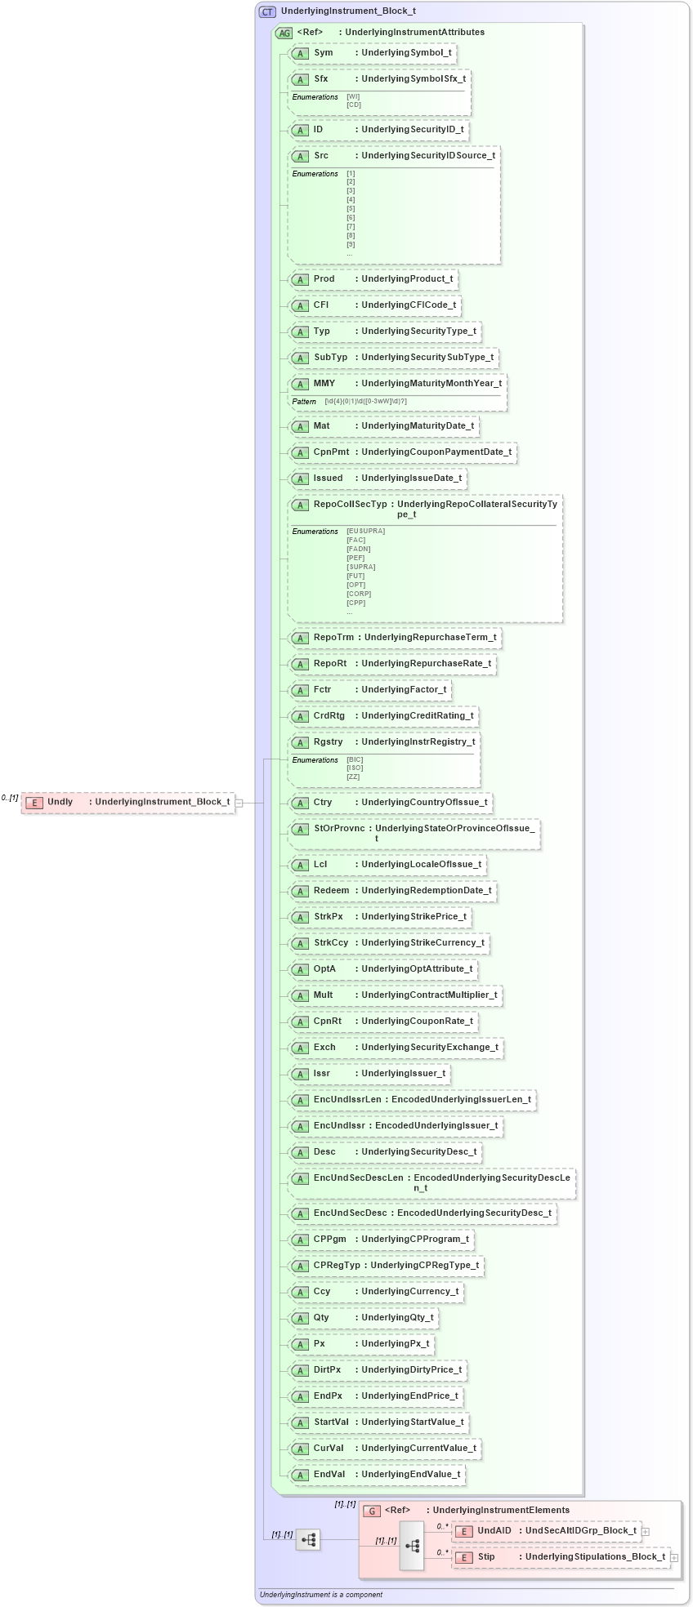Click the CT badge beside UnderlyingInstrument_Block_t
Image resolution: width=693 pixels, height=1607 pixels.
(267, 11)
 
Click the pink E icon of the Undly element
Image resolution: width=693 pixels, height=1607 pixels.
(34, 803)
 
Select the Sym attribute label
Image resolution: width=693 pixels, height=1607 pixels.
(324, 53)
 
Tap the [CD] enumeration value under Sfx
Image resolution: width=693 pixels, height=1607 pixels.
(354, 105)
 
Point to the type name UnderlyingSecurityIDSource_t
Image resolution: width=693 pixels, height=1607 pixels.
(428, 156)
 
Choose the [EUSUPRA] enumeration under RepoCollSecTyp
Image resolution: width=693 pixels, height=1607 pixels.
(365, 532)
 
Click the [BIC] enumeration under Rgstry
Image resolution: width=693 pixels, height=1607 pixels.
(355, 759)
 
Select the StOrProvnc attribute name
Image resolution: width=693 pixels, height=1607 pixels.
(338, 829)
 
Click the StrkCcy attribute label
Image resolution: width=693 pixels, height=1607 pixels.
(331, 943)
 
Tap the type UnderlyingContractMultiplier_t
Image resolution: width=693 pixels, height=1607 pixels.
(429, 995)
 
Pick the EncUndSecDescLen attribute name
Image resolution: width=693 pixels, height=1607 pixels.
(358, 1178)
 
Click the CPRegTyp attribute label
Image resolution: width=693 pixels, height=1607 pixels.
(337, 1266)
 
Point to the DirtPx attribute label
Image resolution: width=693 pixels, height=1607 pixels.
(327, 1370)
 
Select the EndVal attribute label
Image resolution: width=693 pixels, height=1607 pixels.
(329, 1475)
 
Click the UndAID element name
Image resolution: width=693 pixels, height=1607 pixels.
(494, 1531)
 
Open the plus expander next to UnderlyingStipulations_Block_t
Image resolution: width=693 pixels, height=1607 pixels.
(674, 1558)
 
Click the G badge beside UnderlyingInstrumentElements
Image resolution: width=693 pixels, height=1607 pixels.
(372, 1511)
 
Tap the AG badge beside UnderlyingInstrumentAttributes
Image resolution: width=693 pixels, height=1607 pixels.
(284, 33)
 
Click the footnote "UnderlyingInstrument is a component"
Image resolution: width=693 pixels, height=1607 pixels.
(321, 1595)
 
